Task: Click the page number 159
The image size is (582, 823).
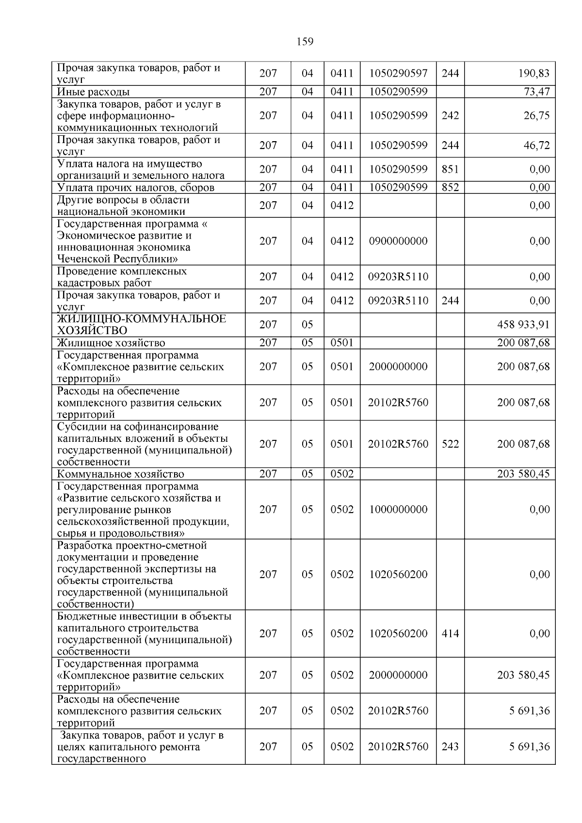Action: pyautogui.click(x=305, y=42)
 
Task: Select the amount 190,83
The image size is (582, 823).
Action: pyautogui.click(x=534, y=74)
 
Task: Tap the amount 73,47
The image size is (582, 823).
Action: pyautogui.click(x=536, y=92)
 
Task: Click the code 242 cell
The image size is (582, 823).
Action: pyautogui.click(x=450, y=115)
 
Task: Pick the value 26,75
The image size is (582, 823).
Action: pyautogui.click(x=536, y=115)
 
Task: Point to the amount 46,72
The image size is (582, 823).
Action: pyautogui.click(x=536, y=145)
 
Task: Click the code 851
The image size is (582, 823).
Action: pyautogui.click(x=450, y=169)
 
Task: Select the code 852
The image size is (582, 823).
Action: pyautogui.click(x=450, y=187)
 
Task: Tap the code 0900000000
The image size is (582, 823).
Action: pyautogui.click(x=398, y=241)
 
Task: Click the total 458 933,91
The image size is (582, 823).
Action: pyautogui.click(x=522, y=324)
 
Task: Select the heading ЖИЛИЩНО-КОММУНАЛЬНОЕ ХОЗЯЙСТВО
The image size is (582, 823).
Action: pyautogui.click(x=142, y=324)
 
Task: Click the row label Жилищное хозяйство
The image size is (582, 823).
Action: pyautogui.click(x=111, y=343)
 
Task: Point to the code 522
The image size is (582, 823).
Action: pyautogui.click(x=450, y=444)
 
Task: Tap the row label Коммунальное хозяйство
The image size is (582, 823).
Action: pyautogui.click(x=120, y=474)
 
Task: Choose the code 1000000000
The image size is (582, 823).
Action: pyautogui.click(x=398, y=509)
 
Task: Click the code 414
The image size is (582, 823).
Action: pyautogui.click(x=450, y=633)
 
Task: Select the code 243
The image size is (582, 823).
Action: pyautogui.click(x=450, y=746)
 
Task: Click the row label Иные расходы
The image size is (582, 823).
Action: pyautogui.click(x=93, y=92)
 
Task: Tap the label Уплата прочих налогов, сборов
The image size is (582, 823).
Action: pyautogui.click(x=136, y=187)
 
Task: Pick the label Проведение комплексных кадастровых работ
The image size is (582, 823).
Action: pyautogui.click(x=122, y=277)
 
